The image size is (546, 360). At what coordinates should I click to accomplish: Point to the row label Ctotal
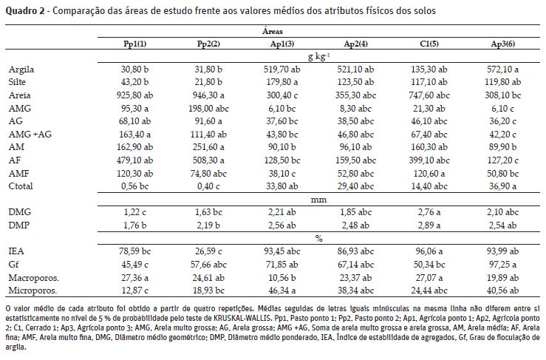pyautogui.click(x=21, y=187)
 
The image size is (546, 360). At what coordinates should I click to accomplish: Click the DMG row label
pyautogui.click(x=20, y=211)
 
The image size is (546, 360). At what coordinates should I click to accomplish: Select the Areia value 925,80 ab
pyautogui.click(x=134, y=95)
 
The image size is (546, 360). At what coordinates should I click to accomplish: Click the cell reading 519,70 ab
pyautogui.click(x=281, y=69)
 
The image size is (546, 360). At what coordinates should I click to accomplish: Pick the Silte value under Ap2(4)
pyautogui.click(x=356, y=82)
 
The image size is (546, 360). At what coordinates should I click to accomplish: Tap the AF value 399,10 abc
pyautogui.click(x=429, y=160)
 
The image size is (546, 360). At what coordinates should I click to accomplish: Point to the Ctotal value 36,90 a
pyautogui.click(x=503, y=187)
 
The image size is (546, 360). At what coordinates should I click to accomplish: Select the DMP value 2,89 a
pyautogui.click(x=429, y=225)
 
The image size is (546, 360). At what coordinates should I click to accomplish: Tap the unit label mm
pyautogui.click(x=318, y=200)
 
